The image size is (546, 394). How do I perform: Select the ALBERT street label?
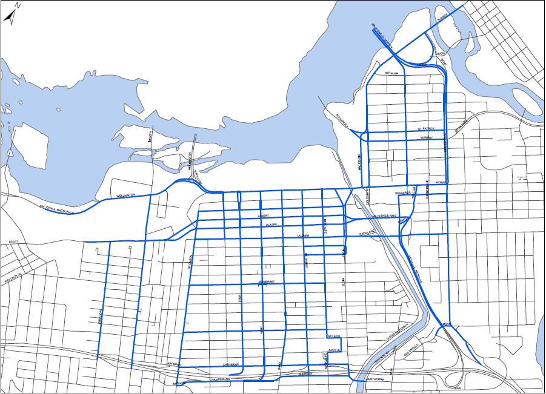click(264, 215)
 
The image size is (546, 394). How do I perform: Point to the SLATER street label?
click(271, 225)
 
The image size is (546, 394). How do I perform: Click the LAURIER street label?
click(302, 235)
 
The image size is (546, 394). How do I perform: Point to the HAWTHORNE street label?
click(375, 379)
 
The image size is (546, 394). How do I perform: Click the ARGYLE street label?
click(335, 350)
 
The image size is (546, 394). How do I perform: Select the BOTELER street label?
click(391, 73)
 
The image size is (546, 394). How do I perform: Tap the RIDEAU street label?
click(440, 182)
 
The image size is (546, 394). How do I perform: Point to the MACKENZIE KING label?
click(384, 215)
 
